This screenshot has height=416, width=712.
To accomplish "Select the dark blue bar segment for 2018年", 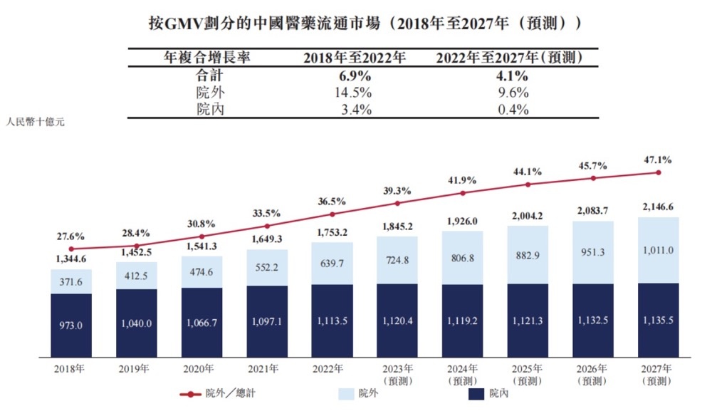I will click(71, 324).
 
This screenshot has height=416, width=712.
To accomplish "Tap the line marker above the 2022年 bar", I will click(333, 214).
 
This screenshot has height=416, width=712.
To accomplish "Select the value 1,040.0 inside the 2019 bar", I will click(137, 323).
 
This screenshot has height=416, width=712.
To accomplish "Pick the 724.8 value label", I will click(397, 260).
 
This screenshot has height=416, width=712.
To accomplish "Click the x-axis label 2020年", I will click(201, 368).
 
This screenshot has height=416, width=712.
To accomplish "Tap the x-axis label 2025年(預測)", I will click(528, 373).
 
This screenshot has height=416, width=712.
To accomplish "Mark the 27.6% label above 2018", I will click(71, 236).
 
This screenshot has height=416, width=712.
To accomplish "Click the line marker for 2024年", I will click(463, 193).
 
